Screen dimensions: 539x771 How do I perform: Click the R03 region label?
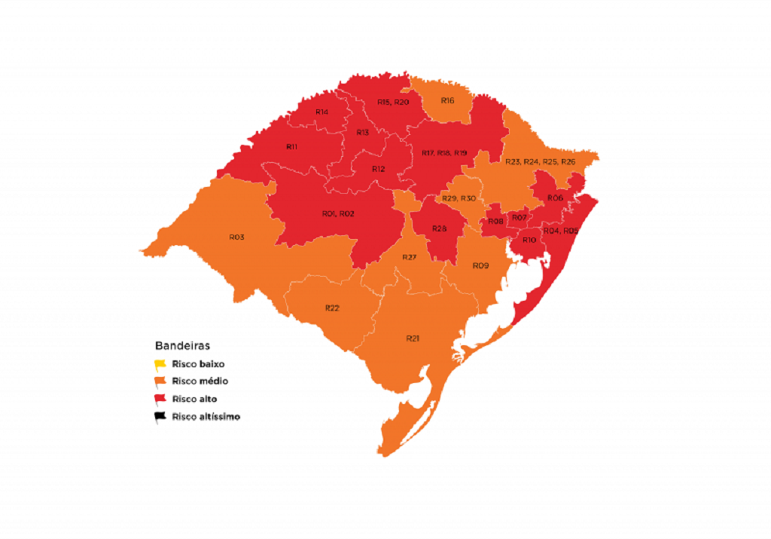[236, 237]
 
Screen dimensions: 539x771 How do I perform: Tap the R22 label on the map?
[332, 308]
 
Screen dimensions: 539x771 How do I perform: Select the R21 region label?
[413, 338]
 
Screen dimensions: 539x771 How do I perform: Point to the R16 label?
[447, 100]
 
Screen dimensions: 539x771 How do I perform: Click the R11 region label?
[292, 146]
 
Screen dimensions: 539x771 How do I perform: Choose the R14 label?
[322, 112]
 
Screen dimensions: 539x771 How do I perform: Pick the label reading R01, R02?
[338, 213]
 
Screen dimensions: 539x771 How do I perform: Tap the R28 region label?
[440, 228]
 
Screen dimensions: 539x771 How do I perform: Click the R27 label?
[409, 257]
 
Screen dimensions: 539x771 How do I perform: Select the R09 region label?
[480, 265]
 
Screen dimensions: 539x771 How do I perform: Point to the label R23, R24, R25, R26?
[540, 161]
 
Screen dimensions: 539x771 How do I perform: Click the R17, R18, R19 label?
[444, 153]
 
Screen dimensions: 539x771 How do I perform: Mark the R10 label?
[529, 240]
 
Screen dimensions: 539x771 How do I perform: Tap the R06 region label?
[556, 198]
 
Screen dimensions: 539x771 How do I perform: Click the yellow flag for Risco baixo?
[160, 363]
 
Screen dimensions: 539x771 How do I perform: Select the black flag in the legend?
[160, 416]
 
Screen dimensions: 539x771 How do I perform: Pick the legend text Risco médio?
[200, 381]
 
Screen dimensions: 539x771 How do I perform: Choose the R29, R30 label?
[459, 198]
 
